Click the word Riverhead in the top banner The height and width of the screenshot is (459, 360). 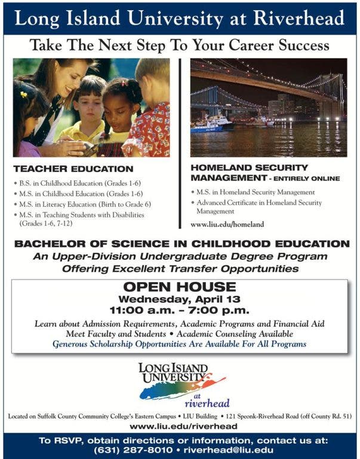click(299, 19)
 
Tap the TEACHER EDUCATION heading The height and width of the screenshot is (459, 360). click(73, 169)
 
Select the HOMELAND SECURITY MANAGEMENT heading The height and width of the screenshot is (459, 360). click(250, 173)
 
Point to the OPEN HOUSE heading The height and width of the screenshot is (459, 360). click(179, 287)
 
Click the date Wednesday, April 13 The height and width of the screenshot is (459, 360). click(179, 299)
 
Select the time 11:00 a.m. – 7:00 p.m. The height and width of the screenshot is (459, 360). click(179, 310)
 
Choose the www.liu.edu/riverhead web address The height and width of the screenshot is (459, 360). click(183, 426)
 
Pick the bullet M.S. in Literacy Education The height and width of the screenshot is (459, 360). click(84, 204)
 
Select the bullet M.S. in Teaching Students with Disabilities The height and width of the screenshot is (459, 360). click(84, 215)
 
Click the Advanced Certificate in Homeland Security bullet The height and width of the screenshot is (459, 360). click(261, 203)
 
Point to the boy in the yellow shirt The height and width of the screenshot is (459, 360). click(88, 114)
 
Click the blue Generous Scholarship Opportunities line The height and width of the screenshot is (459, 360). click(179, 344)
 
